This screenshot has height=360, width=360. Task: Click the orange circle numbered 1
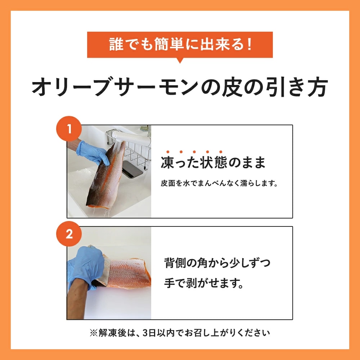(x=69, y=129)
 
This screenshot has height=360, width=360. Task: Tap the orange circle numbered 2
(x=69, y=234)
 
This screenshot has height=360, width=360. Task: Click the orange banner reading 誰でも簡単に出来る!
(x=180, y=45)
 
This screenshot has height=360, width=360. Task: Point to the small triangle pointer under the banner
(x=180, y=60)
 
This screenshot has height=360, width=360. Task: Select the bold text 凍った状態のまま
(x=213, y=163)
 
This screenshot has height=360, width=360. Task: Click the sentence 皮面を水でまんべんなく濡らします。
(x=219, y=183)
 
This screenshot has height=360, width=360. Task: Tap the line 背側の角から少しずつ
(x=217, y=263)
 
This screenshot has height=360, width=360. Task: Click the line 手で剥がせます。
(x=204, y=283)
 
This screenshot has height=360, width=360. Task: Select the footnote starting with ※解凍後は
(x=180, y=333)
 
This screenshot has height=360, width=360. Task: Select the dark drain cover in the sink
(x=132, y=169)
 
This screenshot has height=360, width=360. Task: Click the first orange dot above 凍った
(x=168, y=152)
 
